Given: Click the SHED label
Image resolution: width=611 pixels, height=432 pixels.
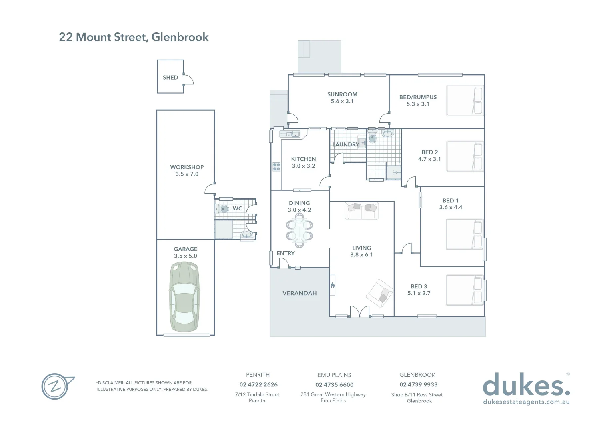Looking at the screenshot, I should pos(170,78).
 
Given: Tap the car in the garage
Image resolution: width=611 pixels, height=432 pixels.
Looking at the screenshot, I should pos(184,297).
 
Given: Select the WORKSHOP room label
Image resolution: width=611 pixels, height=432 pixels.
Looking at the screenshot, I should pos(187,167).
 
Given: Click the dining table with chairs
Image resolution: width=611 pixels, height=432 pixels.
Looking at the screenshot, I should pos(299,231).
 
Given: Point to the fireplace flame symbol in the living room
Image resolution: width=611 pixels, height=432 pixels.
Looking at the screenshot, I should pos(332,285).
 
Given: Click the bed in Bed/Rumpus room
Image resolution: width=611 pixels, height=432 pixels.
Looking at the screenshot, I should pos(464,100).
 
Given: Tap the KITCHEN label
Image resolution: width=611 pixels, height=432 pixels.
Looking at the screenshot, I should pos(303,159).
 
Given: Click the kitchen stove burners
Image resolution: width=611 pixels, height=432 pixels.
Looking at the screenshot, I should pos(276,166).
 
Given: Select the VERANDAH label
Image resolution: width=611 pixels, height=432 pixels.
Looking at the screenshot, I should pos(299,293).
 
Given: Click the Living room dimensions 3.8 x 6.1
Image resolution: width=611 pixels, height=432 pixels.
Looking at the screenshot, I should pos(361,255).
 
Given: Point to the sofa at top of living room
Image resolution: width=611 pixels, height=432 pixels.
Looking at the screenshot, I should pos(361,210).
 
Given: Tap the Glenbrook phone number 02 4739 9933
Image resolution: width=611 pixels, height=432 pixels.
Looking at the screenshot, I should pos(418,385).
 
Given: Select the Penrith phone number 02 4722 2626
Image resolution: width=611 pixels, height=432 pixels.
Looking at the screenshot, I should pos(258,385).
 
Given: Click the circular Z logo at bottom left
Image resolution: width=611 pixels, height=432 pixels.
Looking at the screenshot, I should pos(56,386).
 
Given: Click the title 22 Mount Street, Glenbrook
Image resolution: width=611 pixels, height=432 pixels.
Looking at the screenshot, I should pos(134,37).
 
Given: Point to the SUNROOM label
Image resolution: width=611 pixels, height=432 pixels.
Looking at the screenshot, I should pos(342,94).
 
